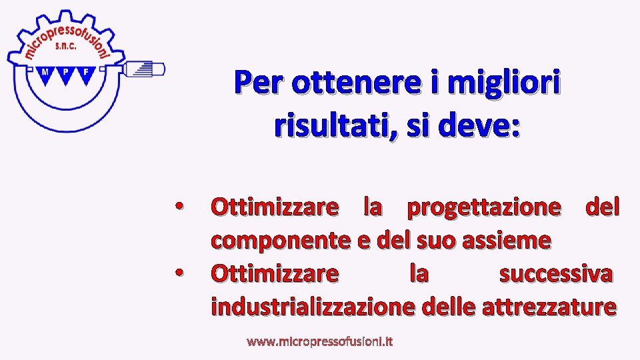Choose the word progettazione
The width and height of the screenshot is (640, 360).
pyautogui.click(x=484, y=207)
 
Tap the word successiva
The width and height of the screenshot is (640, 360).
pyautogui.click(x=556, y=273)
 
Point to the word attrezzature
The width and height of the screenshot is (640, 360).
pyautogui.click(x=548, y=307)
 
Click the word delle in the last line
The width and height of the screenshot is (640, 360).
pyautogui.click(x=449, y=307)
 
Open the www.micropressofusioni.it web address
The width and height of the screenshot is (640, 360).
pyautogui.click(x=320, y=342)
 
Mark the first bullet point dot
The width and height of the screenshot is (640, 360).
pyautogui.click(x=179, y=207)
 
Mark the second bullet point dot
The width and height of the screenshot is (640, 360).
pyautogui.click(x=179, y=273)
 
